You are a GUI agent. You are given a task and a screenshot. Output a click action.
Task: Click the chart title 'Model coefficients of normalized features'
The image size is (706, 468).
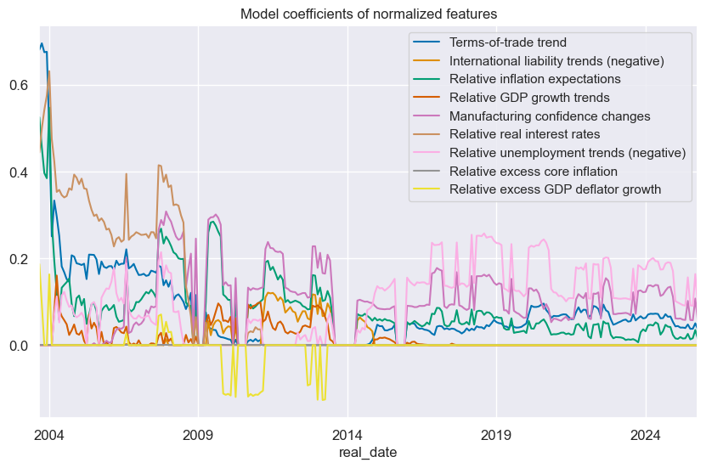368,14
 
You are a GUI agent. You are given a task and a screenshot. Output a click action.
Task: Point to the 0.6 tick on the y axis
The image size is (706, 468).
19,86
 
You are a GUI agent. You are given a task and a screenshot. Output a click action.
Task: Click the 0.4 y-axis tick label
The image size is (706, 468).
19,172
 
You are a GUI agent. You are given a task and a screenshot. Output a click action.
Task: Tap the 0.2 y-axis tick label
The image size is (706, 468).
19,259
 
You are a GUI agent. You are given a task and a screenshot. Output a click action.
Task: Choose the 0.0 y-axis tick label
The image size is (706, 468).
19,346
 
